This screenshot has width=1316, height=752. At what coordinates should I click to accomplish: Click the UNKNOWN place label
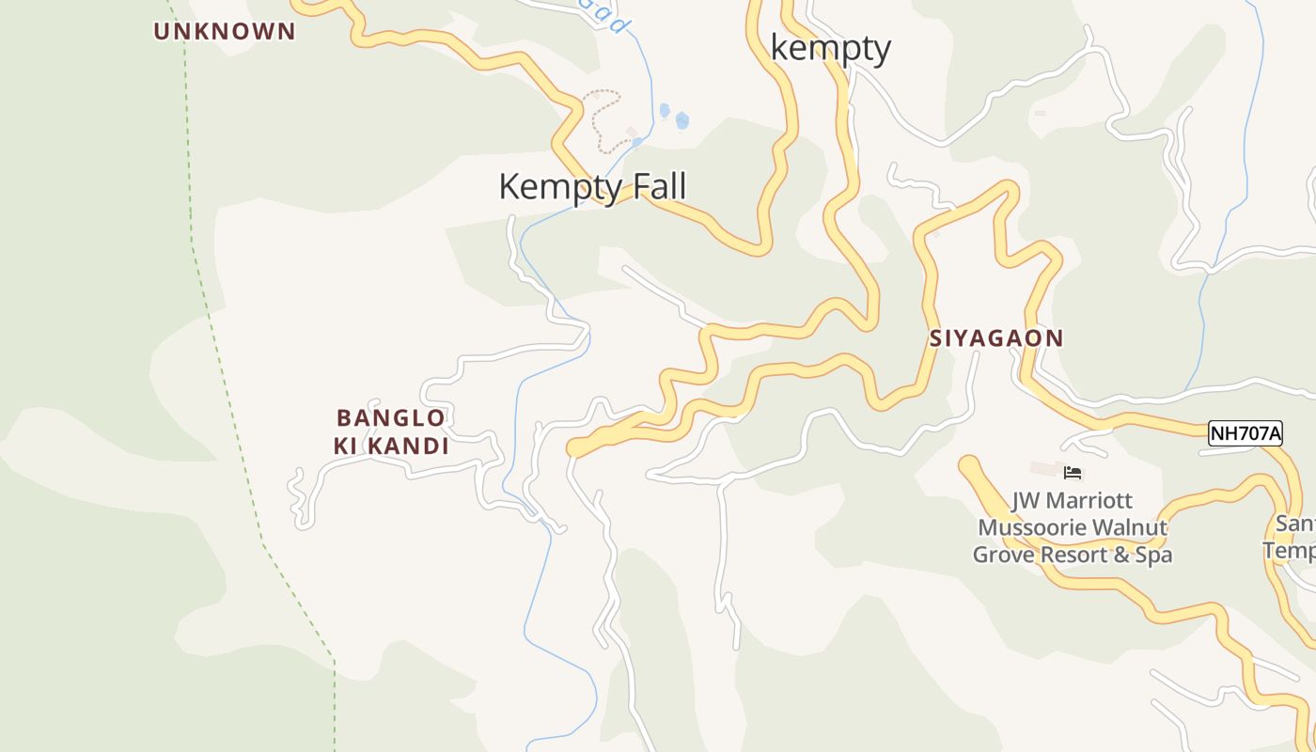tap(225, 31)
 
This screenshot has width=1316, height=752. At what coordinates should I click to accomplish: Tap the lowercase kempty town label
tap(830, 48)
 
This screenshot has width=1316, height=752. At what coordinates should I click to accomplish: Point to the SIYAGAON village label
tap(996, 338)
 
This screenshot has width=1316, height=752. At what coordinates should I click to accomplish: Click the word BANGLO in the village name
tap(390, 417)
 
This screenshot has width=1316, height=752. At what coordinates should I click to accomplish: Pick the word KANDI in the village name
tap(406, 446)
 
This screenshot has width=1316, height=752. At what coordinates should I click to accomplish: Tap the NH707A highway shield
tap(1245, 433)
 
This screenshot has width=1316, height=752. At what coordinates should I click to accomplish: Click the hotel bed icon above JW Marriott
tap(1073, 472)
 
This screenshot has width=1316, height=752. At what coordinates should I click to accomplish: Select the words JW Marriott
tap(1073, 500)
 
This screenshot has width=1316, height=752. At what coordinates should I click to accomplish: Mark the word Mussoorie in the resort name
tap(1031, 527)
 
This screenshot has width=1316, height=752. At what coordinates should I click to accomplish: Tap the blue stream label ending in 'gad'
tap(611, 17)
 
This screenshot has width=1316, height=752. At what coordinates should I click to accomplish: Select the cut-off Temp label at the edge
tap(1289, 550)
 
